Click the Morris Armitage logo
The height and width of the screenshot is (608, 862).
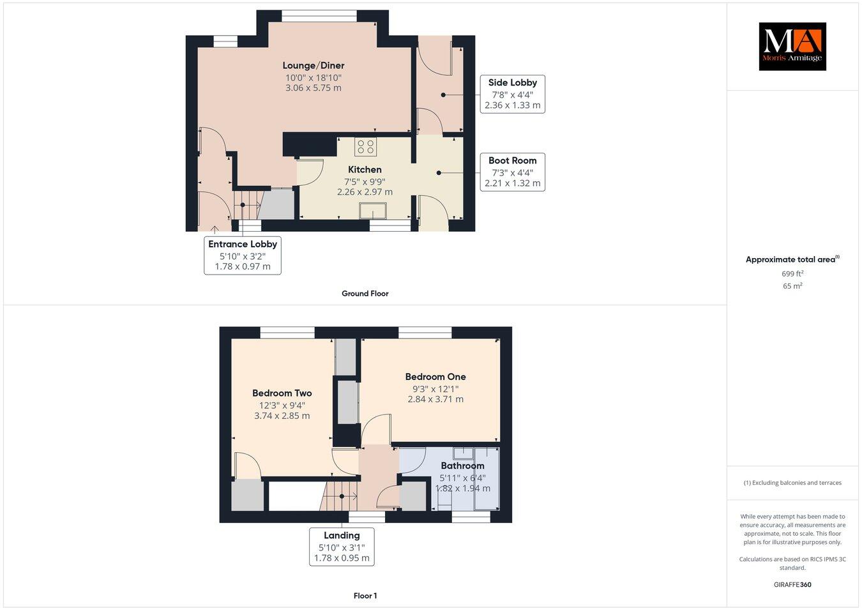pos(792,46)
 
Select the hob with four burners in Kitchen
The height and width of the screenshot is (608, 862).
pos(366,146)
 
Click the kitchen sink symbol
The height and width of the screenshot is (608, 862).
pos(373,211)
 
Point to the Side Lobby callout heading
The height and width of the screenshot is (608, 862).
pos(512,82)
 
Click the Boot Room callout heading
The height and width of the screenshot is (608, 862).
pos(512,160)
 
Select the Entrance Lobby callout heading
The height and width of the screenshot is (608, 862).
pos(243,244)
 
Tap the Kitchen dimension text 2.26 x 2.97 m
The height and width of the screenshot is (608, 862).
pos(364,192)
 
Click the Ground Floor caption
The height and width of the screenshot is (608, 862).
pos(365,294)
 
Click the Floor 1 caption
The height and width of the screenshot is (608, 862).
pos(365,596)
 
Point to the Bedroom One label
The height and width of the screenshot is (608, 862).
pos(435,377)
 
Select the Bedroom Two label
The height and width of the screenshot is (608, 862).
pos(282,393)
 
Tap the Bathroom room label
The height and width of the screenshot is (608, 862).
pos(462,466)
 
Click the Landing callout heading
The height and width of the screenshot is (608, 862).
pos(342,535)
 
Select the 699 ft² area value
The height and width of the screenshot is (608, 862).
pos(792,273)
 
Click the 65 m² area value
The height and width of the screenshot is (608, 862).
pos(792,286)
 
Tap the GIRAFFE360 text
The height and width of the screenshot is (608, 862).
pos(792,584)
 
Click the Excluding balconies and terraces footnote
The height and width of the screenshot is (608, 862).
pos(792,483)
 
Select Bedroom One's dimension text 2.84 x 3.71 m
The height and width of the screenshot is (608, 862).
pos(435,399)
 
